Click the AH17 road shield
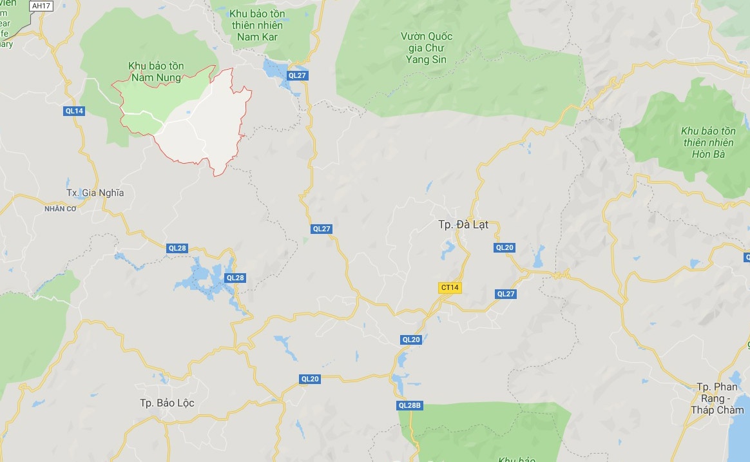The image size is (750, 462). [x=41, y=6]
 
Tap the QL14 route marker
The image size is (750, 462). [x=74, y=111]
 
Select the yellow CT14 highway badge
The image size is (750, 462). [x=449, y=288]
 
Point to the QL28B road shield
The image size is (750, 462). [x=409, y=405]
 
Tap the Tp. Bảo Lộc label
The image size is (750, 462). [x=167, y=403]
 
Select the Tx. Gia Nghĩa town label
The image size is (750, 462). [x=95, y=193]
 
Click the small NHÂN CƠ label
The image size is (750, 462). [x=60, y=208]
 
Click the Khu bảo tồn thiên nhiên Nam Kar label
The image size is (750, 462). [x=256, y=24]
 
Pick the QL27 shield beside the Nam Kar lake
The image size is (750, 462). [x=297, y=75]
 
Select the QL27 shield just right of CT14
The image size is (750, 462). [x=506, y=294]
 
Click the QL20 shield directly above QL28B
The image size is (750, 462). [x=410, y=340]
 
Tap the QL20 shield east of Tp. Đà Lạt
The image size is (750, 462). [x=505, y=247]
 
